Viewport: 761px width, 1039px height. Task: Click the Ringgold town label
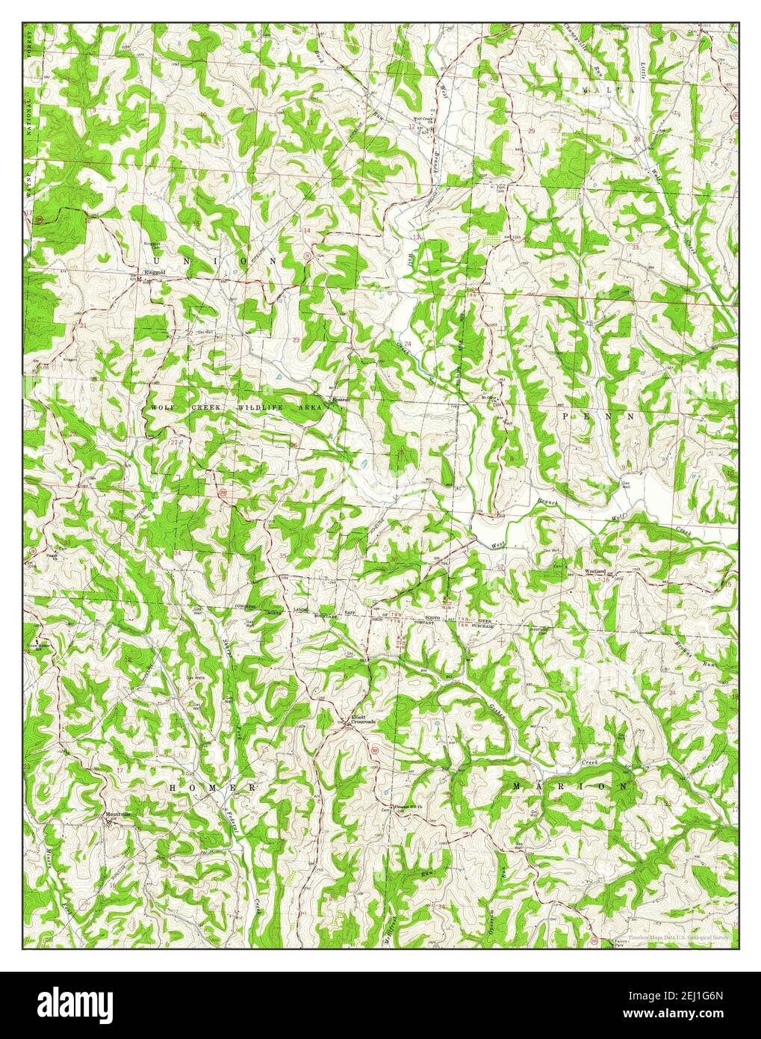click(154, 272)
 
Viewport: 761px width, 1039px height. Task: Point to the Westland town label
click(594, 571)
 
